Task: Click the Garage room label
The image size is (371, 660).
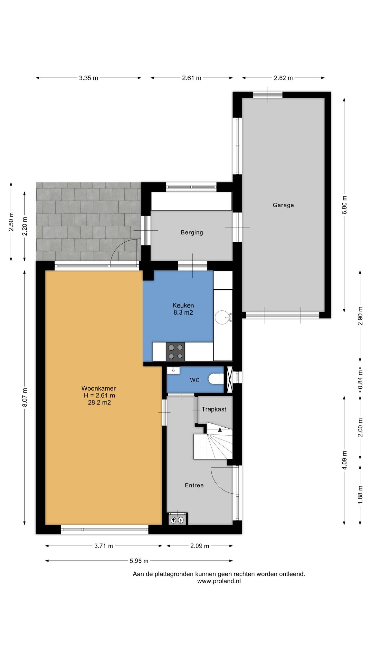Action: [283, 205]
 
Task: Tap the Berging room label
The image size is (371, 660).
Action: [192, 232]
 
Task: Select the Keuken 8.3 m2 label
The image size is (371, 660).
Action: [183, 309]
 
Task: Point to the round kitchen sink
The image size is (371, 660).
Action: [222, 316]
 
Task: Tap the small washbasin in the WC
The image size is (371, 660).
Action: [173, 370]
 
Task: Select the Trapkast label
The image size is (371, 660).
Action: [214, 409]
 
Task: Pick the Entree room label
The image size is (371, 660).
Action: [194, 485]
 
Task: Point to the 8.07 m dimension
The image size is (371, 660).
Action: [25, 398]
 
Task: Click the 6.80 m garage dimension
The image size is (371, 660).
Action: [344, 205]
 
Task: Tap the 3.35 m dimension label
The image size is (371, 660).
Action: [89, 78]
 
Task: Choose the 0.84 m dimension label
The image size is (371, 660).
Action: [360, 379]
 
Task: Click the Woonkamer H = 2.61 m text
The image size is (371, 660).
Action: [99, 392]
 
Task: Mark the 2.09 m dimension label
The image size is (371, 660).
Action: [200, 546]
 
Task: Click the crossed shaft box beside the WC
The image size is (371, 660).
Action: [230, 380]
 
